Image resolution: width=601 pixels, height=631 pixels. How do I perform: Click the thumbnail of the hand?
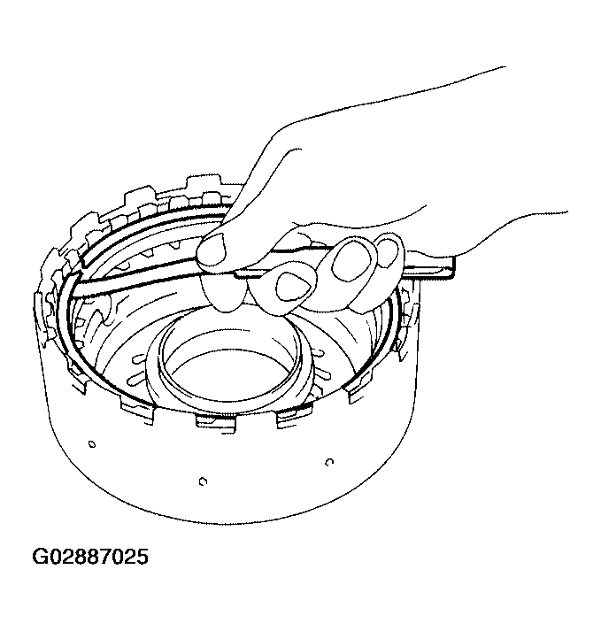(x=212, y=249)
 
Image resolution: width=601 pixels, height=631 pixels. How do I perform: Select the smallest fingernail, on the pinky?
(x=387, y=253)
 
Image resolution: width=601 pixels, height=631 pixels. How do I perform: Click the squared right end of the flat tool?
(x=450, y=266)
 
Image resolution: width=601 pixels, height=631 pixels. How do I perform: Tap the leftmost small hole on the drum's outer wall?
(x=92, y=444)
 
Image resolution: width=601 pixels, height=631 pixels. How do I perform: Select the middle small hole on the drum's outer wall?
(x=203, y=481)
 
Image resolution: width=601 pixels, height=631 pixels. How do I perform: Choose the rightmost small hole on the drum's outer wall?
(x=329, y=462)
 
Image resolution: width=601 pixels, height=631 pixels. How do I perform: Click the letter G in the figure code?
(x=40, y=557)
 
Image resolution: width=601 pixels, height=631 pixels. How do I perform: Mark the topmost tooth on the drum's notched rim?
(x=204, y=182)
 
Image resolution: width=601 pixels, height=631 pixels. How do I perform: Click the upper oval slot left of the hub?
(x=138, y=358)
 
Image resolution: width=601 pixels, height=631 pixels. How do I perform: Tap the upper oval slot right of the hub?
(x=318, y=354)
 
